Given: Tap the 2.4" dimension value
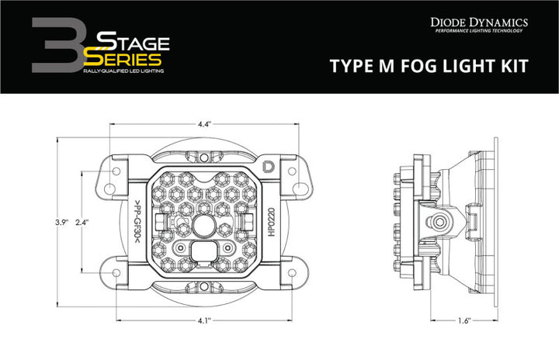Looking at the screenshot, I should (x=83, y=222).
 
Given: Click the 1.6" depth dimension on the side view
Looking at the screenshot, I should (x=464, y=320).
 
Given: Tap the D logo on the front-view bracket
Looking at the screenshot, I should (x=269, y=166).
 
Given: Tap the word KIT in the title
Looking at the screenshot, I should (x=511, y=65).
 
